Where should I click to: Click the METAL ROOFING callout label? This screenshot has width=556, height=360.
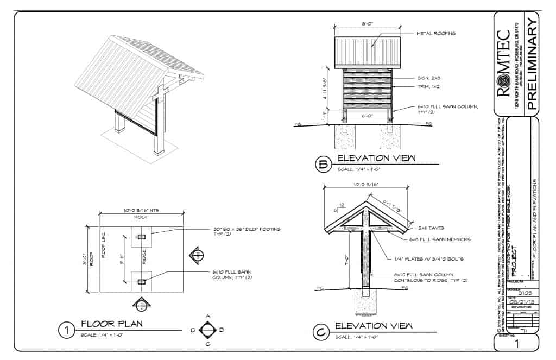click(435, 34)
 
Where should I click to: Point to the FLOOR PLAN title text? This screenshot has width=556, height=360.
click(112, 324)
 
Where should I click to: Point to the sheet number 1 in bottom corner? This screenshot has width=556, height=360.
click(517, 344)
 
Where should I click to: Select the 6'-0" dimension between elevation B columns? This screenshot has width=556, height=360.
click(368, 116)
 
